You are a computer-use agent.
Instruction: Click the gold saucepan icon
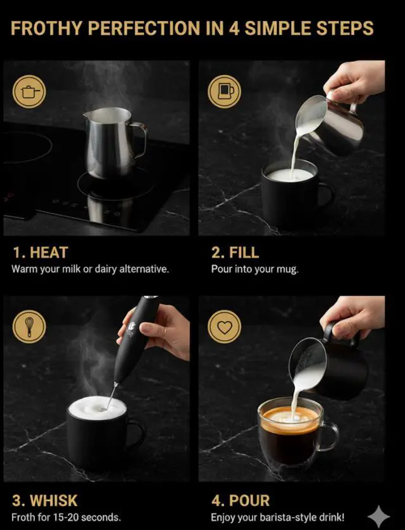point(29,91)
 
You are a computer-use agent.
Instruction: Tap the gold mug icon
point(224,91)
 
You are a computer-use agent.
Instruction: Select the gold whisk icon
point(29,327)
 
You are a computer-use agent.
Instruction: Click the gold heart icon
point(224,327)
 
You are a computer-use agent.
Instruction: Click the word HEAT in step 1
point(49,253)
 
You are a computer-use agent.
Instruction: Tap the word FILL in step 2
point(244,253)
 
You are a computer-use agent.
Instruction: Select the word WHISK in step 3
point(54,501)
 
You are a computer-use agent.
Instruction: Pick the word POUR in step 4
point(249,501)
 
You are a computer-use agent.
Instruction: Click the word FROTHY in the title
point(47,28)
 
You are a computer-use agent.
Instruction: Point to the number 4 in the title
point(234,28)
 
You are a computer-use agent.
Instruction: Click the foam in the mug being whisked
point(97,407)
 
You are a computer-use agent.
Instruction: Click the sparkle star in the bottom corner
point(378,517)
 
